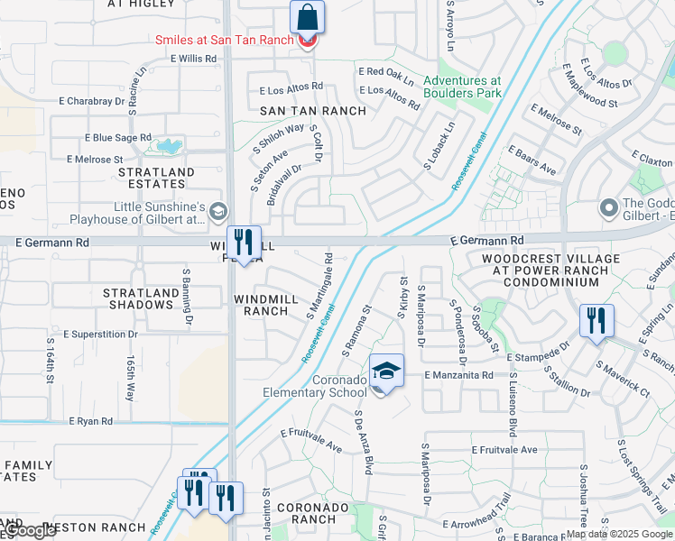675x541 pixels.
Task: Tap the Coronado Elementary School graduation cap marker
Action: click(386, 371)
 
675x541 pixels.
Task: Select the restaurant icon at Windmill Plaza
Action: click(243, 242)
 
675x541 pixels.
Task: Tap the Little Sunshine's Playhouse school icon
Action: click(217, 212)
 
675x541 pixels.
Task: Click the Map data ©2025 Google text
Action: click(620, 534)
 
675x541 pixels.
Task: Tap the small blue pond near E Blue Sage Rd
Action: click(168, 145)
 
